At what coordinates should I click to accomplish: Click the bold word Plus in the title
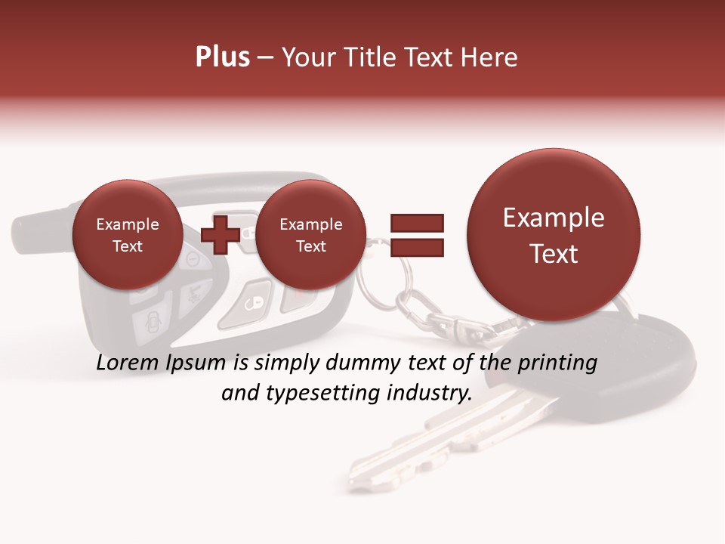click(222, 57)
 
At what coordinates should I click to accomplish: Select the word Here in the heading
click(491, 57)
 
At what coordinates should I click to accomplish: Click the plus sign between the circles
click(220, 234)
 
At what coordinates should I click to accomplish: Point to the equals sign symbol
click(416, 234)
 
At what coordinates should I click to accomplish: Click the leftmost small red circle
click(127, 235)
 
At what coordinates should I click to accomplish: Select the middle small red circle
click(310, 235)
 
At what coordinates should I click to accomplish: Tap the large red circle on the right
click(554, 235)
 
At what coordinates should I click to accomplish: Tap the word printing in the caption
click(557, 363)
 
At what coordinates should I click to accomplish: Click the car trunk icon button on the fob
click(149, 325)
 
